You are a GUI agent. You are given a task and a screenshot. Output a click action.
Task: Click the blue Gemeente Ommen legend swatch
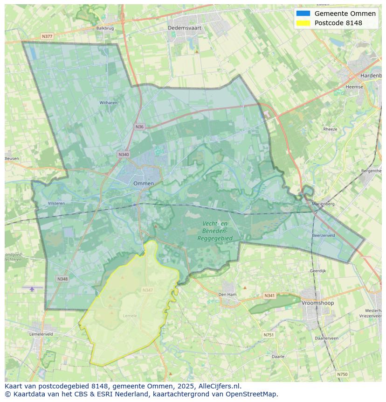pos(303,14)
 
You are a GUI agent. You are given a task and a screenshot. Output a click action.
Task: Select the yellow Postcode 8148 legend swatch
pos(303,23)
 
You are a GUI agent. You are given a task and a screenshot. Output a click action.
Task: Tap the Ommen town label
pos(143,183)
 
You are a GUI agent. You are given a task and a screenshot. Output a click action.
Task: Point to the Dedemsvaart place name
pos(185,28)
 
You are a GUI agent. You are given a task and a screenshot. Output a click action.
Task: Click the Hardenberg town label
pos(371,75)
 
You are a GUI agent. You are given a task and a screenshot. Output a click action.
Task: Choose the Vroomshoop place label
pos(317,303)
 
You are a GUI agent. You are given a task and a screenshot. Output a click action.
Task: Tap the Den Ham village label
pos(227,295)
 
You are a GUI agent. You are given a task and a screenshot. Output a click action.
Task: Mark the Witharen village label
pos(108,102)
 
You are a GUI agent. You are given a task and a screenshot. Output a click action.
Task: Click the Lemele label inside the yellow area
pos(130,316)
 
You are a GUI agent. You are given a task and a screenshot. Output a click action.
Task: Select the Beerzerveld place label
pos(324,236)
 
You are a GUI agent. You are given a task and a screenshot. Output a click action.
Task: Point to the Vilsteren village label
pos(56,203)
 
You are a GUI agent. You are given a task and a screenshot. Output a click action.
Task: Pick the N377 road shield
pos(47,36)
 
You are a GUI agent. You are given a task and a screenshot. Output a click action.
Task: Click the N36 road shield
pos(140,127)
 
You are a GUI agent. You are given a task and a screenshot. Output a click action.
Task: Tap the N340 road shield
pos(124,155)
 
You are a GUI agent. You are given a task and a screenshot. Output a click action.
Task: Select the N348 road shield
pos(62,279)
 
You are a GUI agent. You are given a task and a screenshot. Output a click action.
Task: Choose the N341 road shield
pos(269,296)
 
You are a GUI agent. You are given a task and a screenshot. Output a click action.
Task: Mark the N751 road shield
pos(269,335)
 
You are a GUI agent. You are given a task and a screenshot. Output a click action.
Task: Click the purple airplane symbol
pos(32,289)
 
